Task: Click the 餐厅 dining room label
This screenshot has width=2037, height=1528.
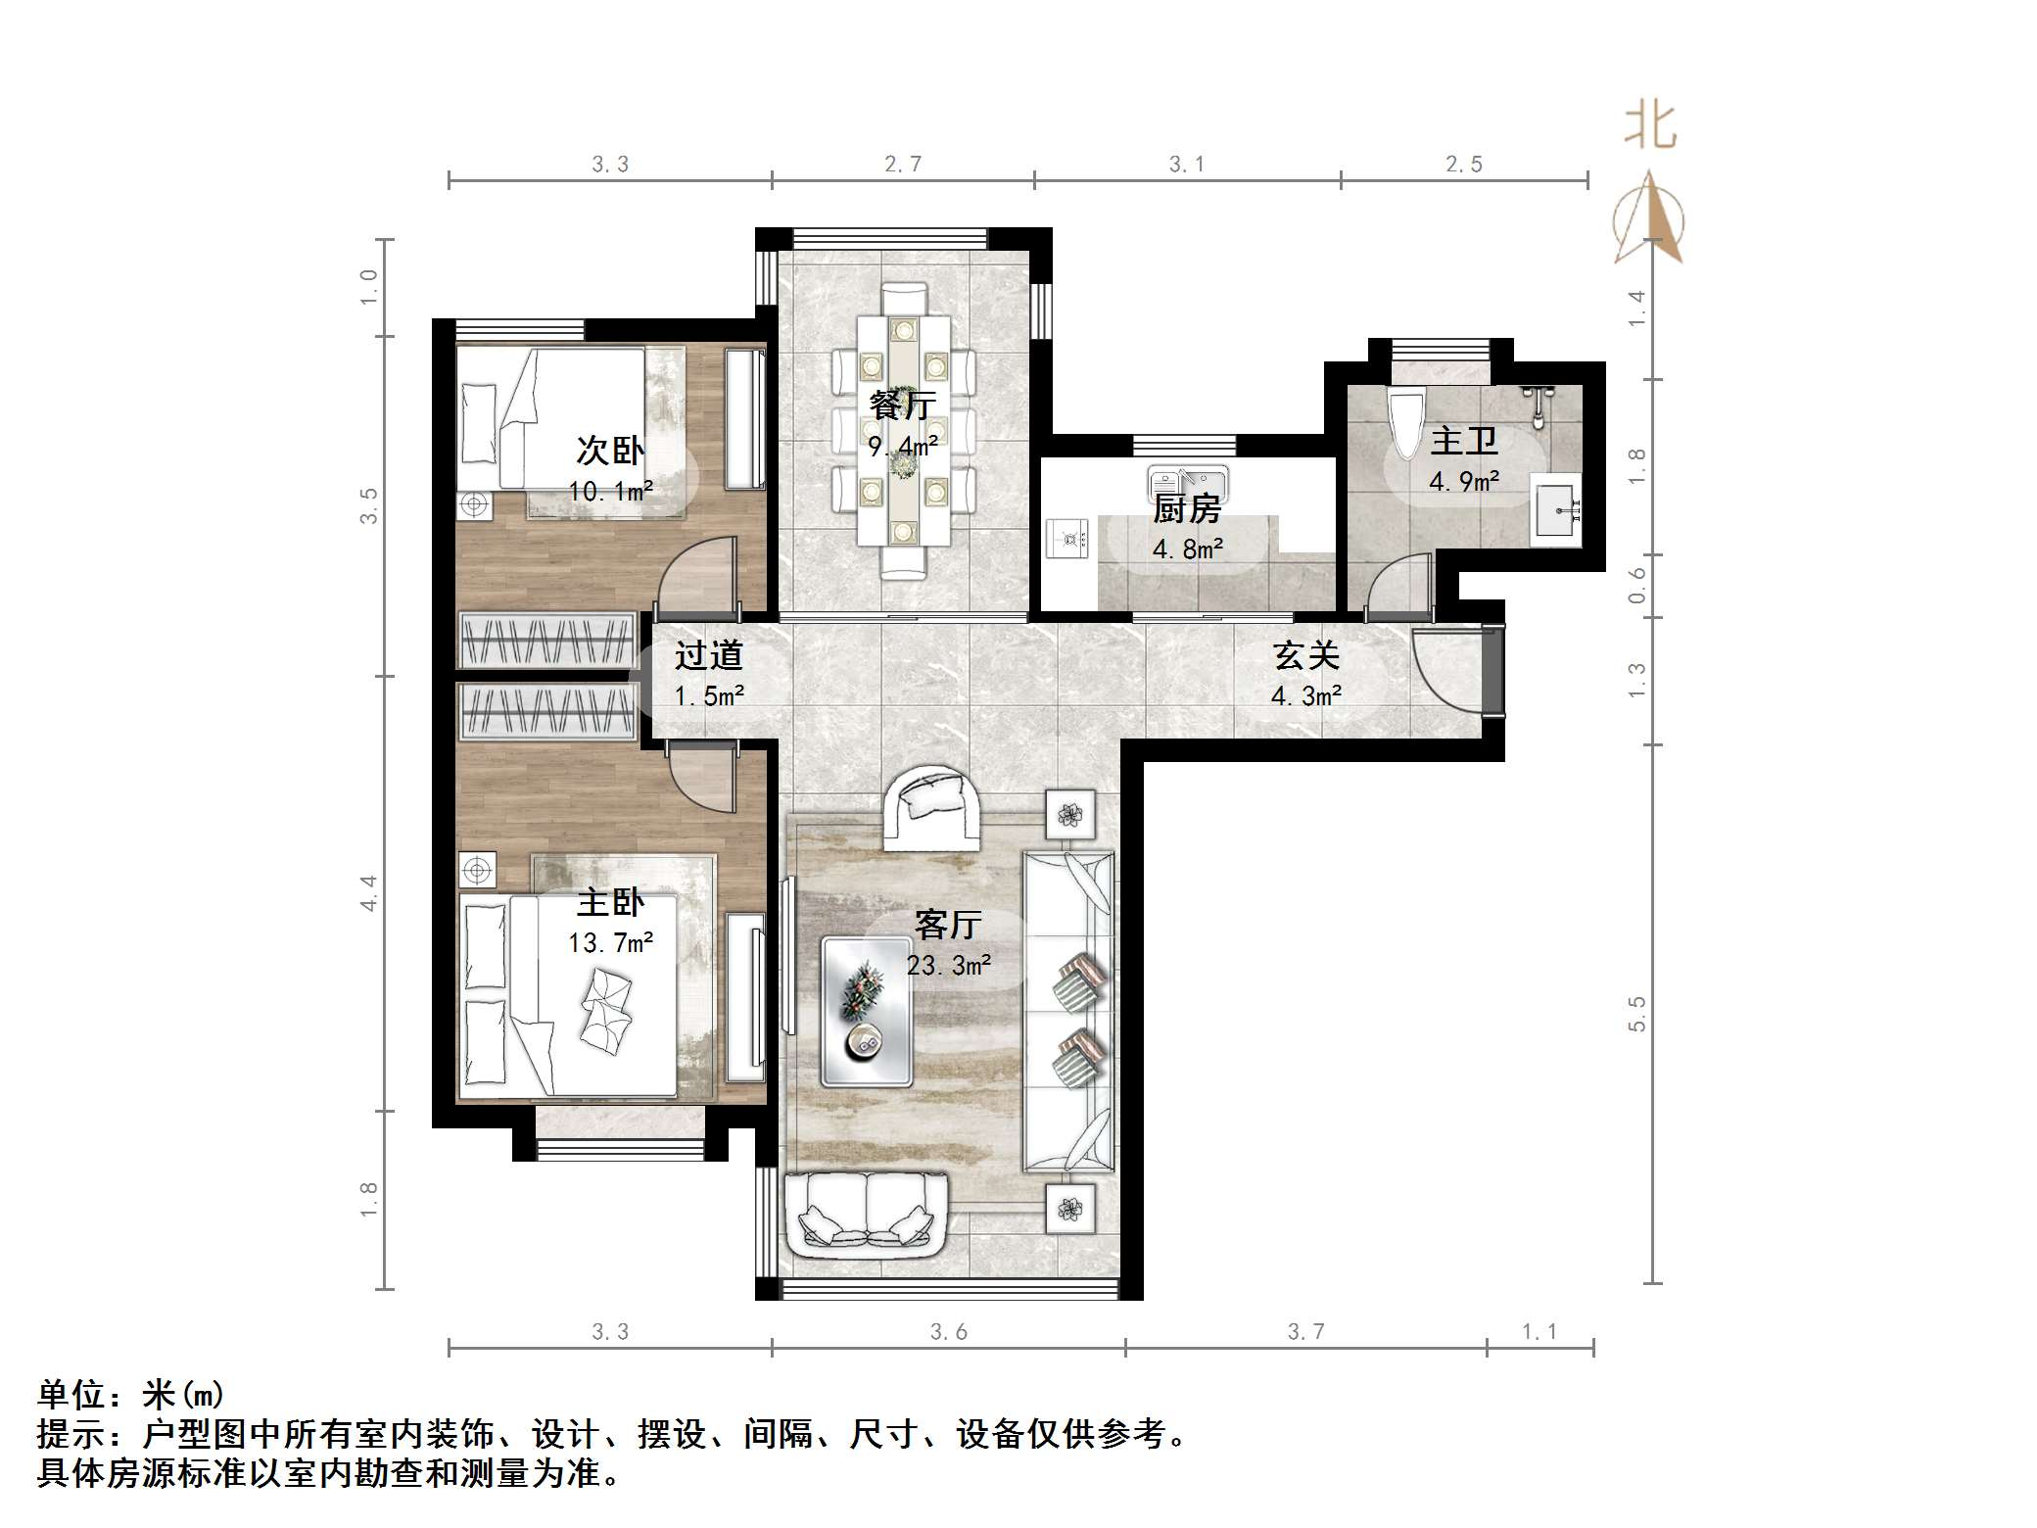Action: [x=902, y=405]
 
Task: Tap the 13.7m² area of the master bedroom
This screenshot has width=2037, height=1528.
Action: [x=610, y=943]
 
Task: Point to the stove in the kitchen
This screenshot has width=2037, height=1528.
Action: [x=1068, y=539]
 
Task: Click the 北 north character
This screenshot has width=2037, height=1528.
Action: [x=1650, y=128]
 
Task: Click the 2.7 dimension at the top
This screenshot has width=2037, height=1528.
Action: [x=902, y=165]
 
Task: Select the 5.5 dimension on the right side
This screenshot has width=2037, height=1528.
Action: [x=1636, y=1013]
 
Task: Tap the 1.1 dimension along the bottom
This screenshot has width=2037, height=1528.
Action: [x=1539, y=1331]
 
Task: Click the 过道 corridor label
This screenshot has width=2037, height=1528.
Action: [x=708, y=655]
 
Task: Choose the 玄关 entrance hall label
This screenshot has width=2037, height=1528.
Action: [x=1305, y=655]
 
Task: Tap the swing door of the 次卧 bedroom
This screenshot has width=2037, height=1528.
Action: [x=696, y=578]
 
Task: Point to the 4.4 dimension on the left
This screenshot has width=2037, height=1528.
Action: [x=368, y=893]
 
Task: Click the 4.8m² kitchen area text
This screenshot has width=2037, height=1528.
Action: [x=1187, y=549]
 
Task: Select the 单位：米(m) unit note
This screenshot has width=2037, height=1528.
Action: [x=131, y=1394]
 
